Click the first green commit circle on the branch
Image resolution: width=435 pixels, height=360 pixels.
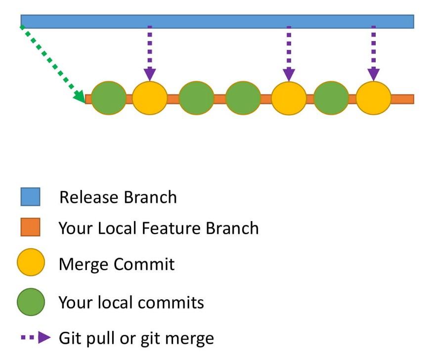point(109,98)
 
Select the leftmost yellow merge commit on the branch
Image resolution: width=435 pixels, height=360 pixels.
point(150,98)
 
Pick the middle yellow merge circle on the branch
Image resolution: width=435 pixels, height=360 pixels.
point(289,98)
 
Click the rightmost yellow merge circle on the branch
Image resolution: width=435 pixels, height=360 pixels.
point(373,98)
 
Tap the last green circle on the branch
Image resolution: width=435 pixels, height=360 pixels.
point(331,98)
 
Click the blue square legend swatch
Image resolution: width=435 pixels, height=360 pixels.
point(30,197)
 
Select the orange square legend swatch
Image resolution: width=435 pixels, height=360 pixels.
point(30,228)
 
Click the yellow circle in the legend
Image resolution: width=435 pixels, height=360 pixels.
point(31,263)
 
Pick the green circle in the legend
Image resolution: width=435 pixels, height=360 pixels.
point(31,302)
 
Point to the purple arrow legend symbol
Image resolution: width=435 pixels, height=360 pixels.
point(36,338)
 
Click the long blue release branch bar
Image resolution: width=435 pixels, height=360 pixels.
point(217,21)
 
